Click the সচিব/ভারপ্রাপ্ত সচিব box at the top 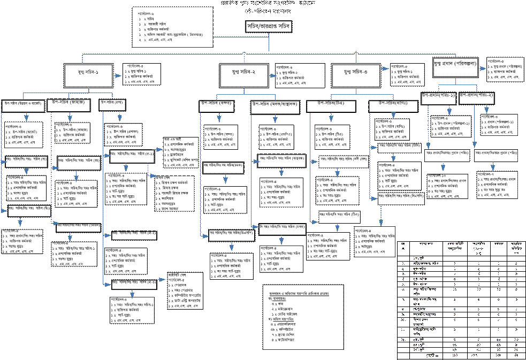[x=269, y=27]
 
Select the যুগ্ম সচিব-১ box [x=88, y=72]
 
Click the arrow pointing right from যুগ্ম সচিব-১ [x=118, y=72]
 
